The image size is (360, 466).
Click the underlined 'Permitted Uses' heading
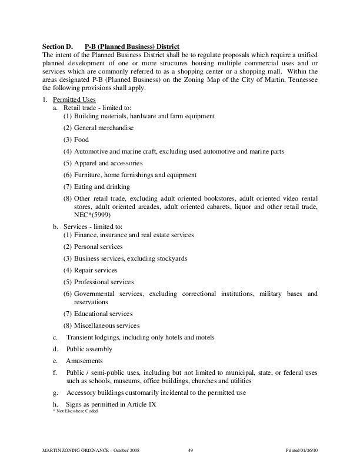(74, 100)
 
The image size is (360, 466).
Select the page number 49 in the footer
(191, 450)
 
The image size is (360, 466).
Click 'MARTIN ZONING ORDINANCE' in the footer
(75, 450)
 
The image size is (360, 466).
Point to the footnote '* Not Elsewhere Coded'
(76, 411)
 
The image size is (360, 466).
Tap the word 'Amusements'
(84, 361)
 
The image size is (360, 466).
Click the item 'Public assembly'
(89, 349)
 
